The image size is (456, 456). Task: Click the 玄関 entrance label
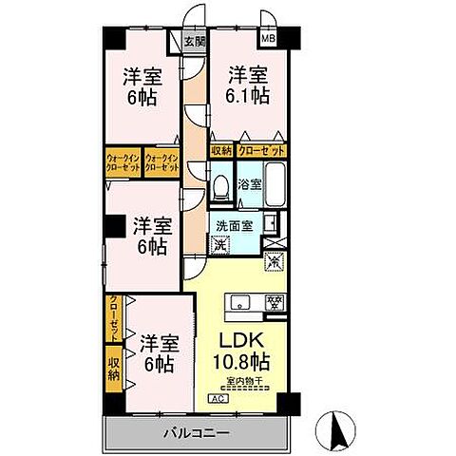(x=194, y=41)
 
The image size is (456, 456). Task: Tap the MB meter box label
(x=268, y=40)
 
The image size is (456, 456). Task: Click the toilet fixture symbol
(x=219, y=189)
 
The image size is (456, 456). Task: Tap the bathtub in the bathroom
(x=276, y=188)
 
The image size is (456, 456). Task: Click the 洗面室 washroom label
(x=231, y=227)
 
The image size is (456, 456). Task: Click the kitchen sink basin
(x=237, y=303)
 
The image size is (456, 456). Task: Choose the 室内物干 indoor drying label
(x=244, y=383)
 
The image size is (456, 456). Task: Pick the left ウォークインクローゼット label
(x=123, y=161)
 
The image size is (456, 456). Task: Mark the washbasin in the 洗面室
(x=271, y=227)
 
